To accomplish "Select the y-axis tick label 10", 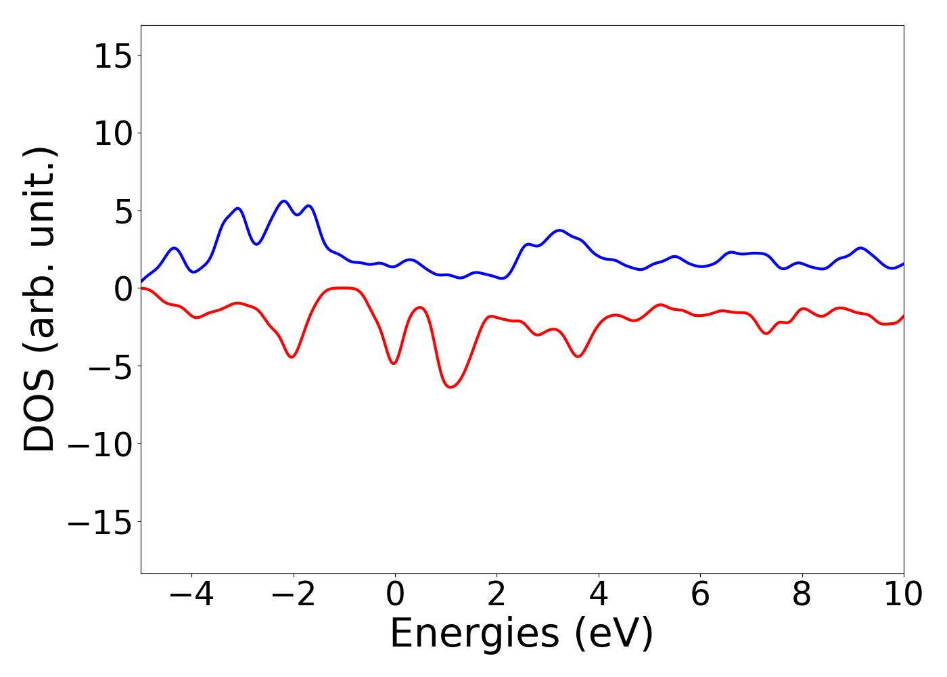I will (x=112, y=133).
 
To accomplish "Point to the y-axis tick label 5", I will (x=121, y=211).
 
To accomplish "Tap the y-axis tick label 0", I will (x=121, y=289).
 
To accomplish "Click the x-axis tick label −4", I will (x=191, y=595).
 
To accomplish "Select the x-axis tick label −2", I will (x=293, y=595).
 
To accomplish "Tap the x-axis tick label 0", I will (x=395, y=595).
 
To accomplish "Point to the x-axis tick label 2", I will (x=496, y=595).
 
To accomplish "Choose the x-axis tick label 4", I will (x=599, y=595).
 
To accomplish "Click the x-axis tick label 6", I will (x=700, y=595).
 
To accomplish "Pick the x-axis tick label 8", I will (x=802, y=595).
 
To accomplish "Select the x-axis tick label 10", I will (x=903, y=595).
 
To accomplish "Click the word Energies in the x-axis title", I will (x=475, y=634).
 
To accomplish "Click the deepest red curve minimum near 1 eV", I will (x=451, y=387).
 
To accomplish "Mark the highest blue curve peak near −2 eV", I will (x=284, y=201).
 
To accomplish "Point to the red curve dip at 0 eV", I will (x=394, y=364).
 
